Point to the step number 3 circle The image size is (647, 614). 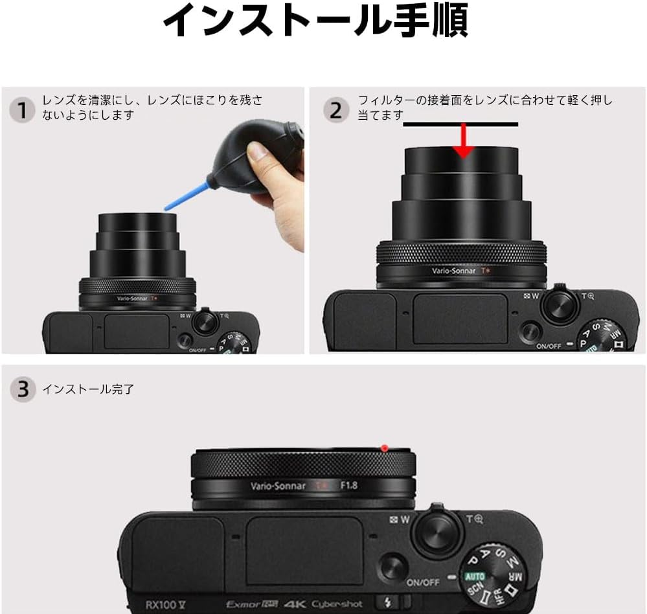click(22, 389)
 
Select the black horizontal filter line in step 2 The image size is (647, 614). click(460, 124)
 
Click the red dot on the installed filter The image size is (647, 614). click(384, 448)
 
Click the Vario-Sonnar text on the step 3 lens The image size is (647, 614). click(278, 486)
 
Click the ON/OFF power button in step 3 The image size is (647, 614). click(393, 567)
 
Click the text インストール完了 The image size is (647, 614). click(89, 390)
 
